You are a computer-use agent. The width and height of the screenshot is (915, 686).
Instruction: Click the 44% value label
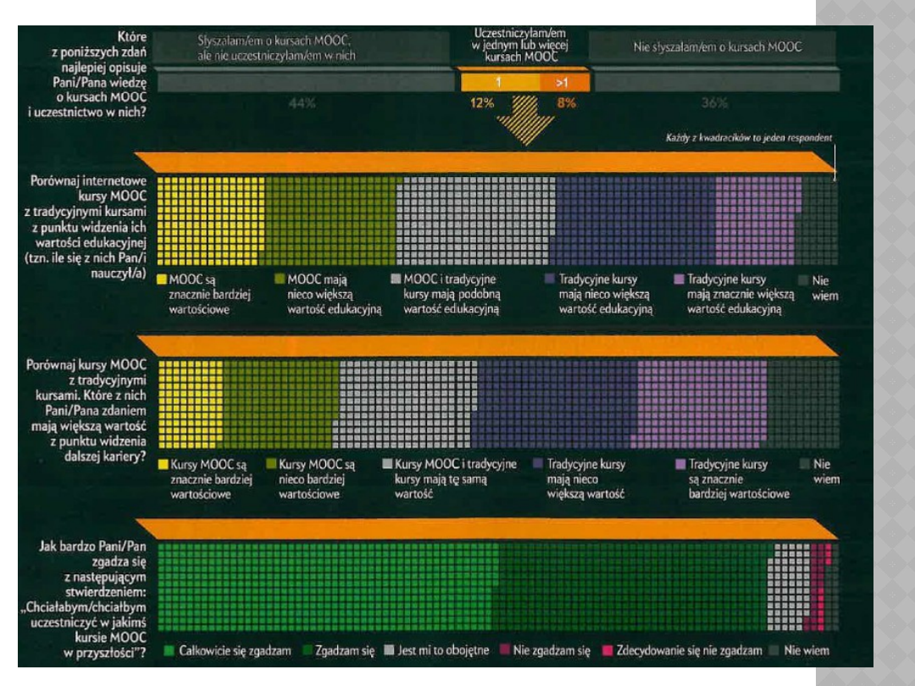[x=302, y=103]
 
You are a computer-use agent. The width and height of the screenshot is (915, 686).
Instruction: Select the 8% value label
[x=566, y=103]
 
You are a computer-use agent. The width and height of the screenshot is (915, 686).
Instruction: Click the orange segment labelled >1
[x=563, y=83]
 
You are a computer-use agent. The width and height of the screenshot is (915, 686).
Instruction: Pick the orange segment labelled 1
[x=499, y=83]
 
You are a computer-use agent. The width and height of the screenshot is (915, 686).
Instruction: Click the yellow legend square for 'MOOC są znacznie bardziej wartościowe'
[x=162, y=278]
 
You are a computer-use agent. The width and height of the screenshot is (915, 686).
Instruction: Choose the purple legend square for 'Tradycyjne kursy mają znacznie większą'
[x=679, y=278]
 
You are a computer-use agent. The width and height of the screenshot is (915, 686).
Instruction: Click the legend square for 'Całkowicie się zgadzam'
[x=169, y=651]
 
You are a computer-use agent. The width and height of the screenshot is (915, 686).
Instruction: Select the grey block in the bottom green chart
[x=791, y=584]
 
